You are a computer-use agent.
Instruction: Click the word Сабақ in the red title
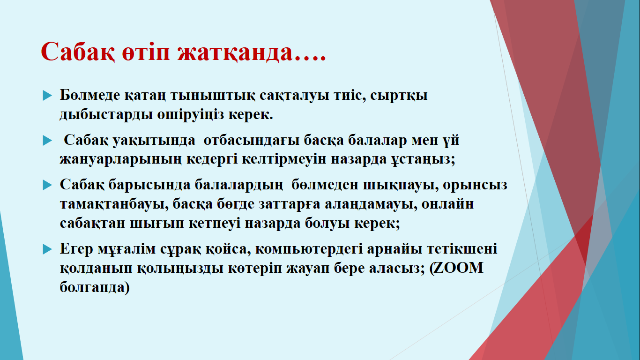point(78,52)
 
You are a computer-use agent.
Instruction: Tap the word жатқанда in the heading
point(235,52)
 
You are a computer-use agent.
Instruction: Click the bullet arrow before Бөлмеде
point(47,96)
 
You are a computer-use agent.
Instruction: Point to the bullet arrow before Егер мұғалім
point(47,249)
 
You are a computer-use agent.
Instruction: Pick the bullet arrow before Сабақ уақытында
point(47,141)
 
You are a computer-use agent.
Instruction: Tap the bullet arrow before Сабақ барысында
point(47,185)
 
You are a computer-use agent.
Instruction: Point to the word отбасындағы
point(252,141)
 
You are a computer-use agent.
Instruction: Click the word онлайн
point(447,204)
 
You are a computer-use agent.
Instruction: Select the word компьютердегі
point(309,249)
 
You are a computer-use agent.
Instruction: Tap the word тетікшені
point(462,249)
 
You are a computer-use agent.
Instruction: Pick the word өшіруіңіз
point(190,115)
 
